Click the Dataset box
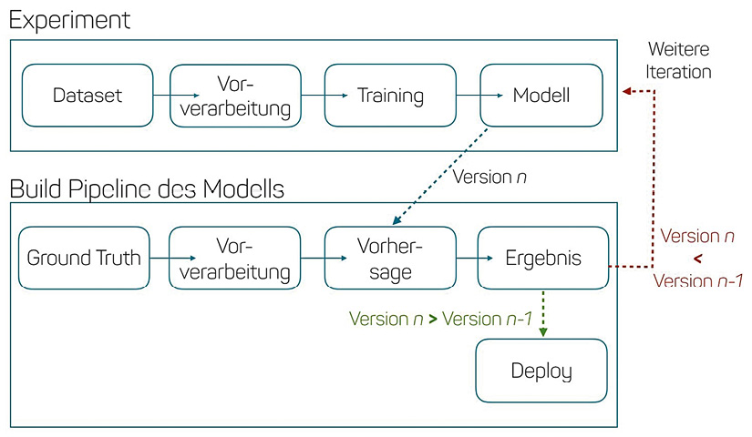pos(87,95)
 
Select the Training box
pos(390,95)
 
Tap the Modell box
pos(541,95)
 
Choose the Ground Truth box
pos(84,259)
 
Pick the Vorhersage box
pos(390,259)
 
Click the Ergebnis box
pos(542,259)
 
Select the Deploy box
pos(541,371)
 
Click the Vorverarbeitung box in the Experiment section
pos(235,95)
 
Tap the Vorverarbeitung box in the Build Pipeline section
pos(235,259)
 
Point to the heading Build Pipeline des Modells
pos(147,189)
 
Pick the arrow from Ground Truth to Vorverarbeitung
pos(160,259)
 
